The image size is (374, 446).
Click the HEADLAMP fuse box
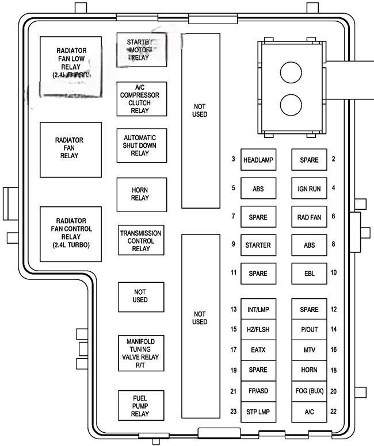[258, 160]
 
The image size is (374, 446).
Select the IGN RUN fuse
[308, 189]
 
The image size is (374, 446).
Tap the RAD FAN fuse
[308, 217]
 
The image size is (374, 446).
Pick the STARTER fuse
[258, 245]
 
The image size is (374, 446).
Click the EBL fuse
[308, 274]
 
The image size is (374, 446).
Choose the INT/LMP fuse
[258, 310]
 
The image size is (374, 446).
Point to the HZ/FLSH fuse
[258, 330]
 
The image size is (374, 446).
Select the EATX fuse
[258, 350]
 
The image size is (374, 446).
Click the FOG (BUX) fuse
[308, 391]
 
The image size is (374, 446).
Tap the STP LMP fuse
[258, 412]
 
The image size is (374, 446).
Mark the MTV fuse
[308, 350]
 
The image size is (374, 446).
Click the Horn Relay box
[140, 194]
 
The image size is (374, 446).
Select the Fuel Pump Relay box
[140, 405]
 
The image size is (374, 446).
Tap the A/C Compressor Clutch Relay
[140, 99]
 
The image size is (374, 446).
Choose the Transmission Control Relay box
[140, 241]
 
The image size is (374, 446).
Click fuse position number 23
[234, 412]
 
